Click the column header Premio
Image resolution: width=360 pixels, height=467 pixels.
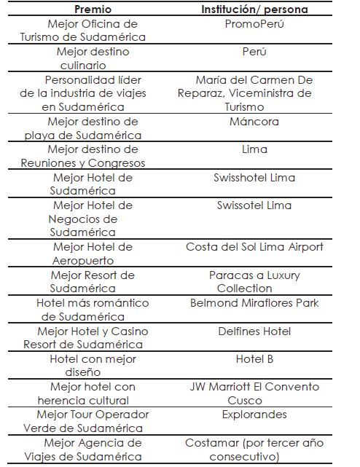93,9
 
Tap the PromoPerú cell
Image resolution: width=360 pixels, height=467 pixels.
254,24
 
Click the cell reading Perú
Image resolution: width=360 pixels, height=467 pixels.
254,52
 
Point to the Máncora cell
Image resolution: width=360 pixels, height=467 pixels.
254,122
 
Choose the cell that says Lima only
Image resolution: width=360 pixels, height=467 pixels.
254,149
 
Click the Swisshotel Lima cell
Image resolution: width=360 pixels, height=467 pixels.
254,177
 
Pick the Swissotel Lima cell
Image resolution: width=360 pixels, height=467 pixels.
254,205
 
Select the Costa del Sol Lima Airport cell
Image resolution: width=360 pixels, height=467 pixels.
254,247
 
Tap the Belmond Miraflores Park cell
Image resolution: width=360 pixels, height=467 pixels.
254,302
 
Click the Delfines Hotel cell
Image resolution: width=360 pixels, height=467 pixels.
254,330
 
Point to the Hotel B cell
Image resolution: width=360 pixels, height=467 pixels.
254,358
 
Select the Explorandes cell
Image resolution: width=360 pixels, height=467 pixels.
254,415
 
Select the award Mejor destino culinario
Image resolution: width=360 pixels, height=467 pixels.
93,58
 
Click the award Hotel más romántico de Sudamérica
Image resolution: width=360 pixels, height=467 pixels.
93,310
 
